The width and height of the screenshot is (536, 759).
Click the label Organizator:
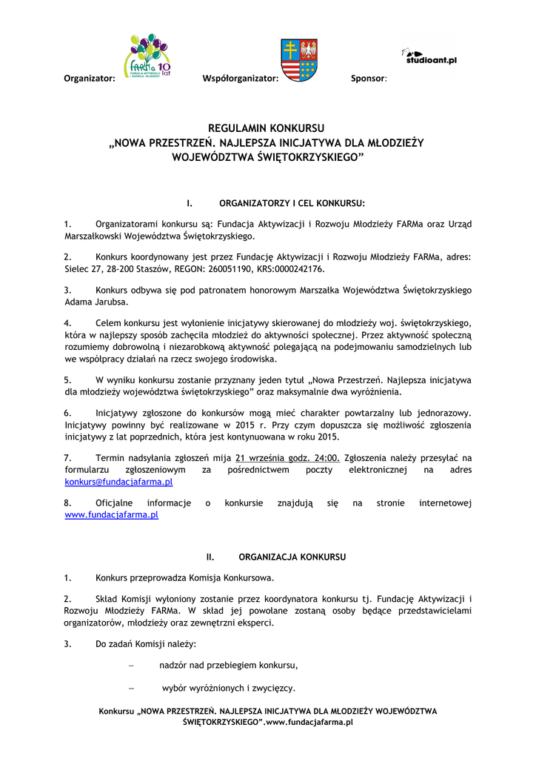click(x=90, y=78)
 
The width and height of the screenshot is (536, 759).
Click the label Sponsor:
click(x=369, y=78)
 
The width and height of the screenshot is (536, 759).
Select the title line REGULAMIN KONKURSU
click(x=267, y=128)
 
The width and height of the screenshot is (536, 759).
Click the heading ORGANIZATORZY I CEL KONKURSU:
click(x=292, y=202)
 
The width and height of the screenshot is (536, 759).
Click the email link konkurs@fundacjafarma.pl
click(x=118, y=482)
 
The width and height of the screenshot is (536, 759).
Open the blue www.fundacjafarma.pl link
click(x=112, y=514)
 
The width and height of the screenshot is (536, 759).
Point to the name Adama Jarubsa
click(x=96, y=302)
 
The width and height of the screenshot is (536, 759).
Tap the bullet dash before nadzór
click(x=131, y=665)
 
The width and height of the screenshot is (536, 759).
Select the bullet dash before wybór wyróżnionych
click(x=131, y=688)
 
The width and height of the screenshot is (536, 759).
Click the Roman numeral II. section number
click(x=210, y=556)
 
